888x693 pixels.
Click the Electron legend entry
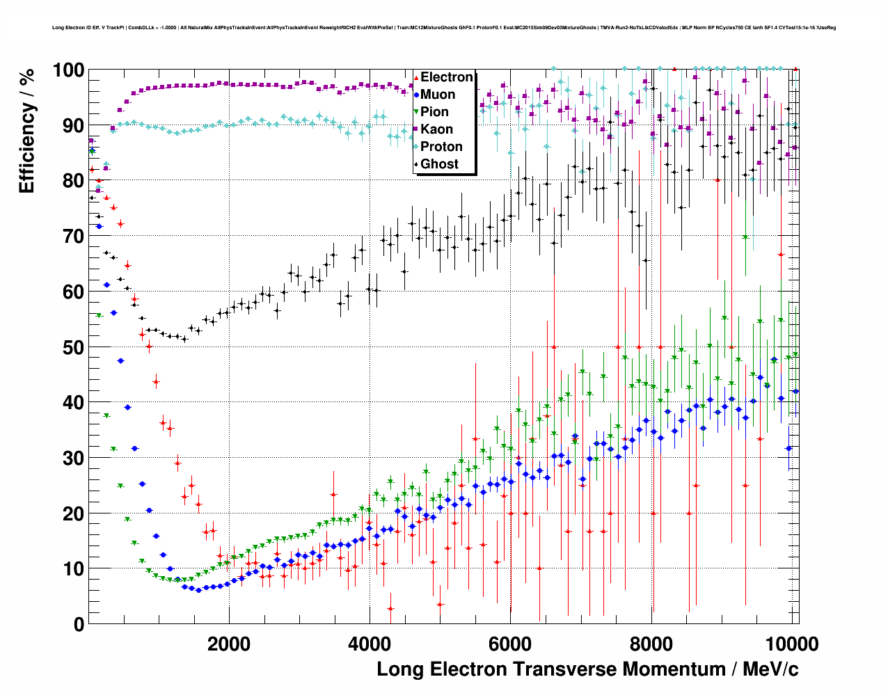446,77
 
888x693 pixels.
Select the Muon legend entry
438,95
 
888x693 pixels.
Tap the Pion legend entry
434,112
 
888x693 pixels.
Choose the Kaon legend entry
436,129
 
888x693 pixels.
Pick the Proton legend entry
441,147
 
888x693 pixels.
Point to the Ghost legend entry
439,164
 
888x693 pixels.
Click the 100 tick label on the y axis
68,70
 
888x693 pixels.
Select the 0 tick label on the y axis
79,624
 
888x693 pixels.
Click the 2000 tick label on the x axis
229,644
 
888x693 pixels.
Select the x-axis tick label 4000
370,644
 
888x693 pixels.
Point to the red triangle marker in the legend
416,77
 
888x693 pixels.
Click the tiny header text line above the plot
444,28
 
